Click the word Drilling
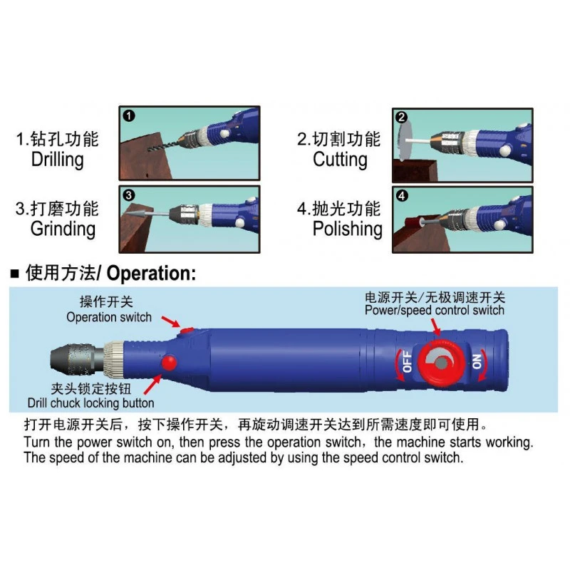57,160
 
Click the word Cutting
340,160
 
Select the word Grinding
63,229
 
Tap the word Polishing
347,229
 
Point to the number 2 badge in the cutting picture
402,118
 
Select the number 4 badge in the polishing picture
402,195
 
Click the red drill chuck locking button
169,363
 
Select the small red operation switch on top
187,329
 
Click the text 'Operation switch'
109,317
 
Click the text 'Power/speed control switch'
435,310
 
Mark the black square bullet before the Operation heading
14,274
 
